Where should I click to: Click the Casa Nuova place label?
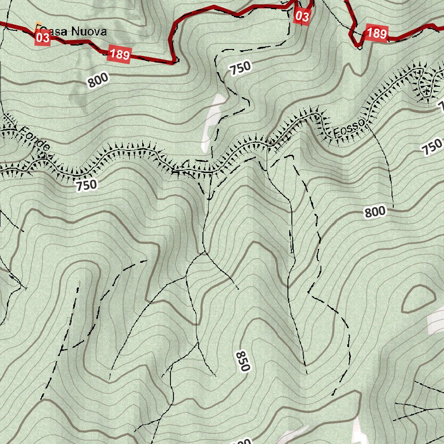tap(74, 31)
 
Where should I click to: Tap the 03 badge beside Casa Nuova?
tap(43, 38)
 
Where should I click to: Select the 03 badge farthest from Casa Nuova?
tap(302, 16)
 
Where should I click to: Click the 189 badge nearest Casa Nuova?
tap(119, 54)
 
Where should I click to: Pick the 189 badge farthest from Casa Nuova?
tap(376, 33)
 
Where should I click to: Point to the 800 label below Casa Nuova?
tap(98, 81)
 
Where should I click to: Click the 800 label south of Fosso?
tap(375, 212)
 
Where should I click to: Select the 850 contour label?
tap(243, 361)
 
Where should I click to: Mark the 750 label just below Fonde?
tap(86, 185)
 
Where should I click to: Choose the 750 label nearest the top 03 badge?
tap(240, 68)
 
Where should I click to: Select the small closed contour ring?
tap(418, 299)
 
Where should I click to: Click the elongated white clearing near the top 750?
tap(214, 122)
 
